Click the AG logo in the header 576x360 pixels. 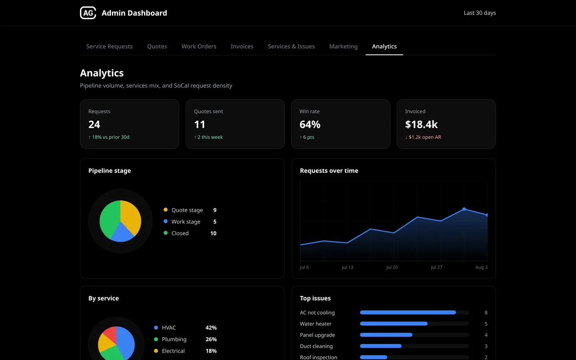tap(88, 13)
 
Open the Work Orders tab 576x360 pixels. tap(199, 46)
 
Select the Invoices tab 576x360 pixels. tap(242, 46)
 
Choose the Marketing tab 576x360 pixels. tap(343, 46)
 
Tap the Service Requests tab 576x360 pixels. tap(110, 46)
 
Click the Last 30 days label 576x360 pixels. tap(480, 13)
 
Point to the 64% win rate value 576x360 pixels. tap(310, 124)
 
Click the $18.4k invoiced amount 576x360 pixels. tap(421, 124)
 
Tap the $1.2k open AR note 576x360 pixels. tap(423, 137)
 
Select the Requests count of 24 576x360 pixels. tap(94, 124)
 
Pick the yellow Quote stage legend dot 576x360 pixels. tap(166, 210)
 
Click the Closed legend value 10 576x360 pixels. tap(213, 233)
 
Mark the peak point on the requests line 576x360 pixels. tap(464, 209)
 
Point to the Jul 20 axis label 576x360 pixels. tap(392, 267)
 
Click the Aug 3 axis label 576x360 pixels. tap(481, 267)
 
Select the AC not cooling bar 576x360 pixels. tap(408, 312)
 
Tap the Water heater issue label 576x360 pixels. tap(316, 324)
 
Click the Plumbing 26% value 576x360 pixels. tap(211, 339)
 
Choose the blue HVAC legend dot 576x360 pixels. tap(156, 328)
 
